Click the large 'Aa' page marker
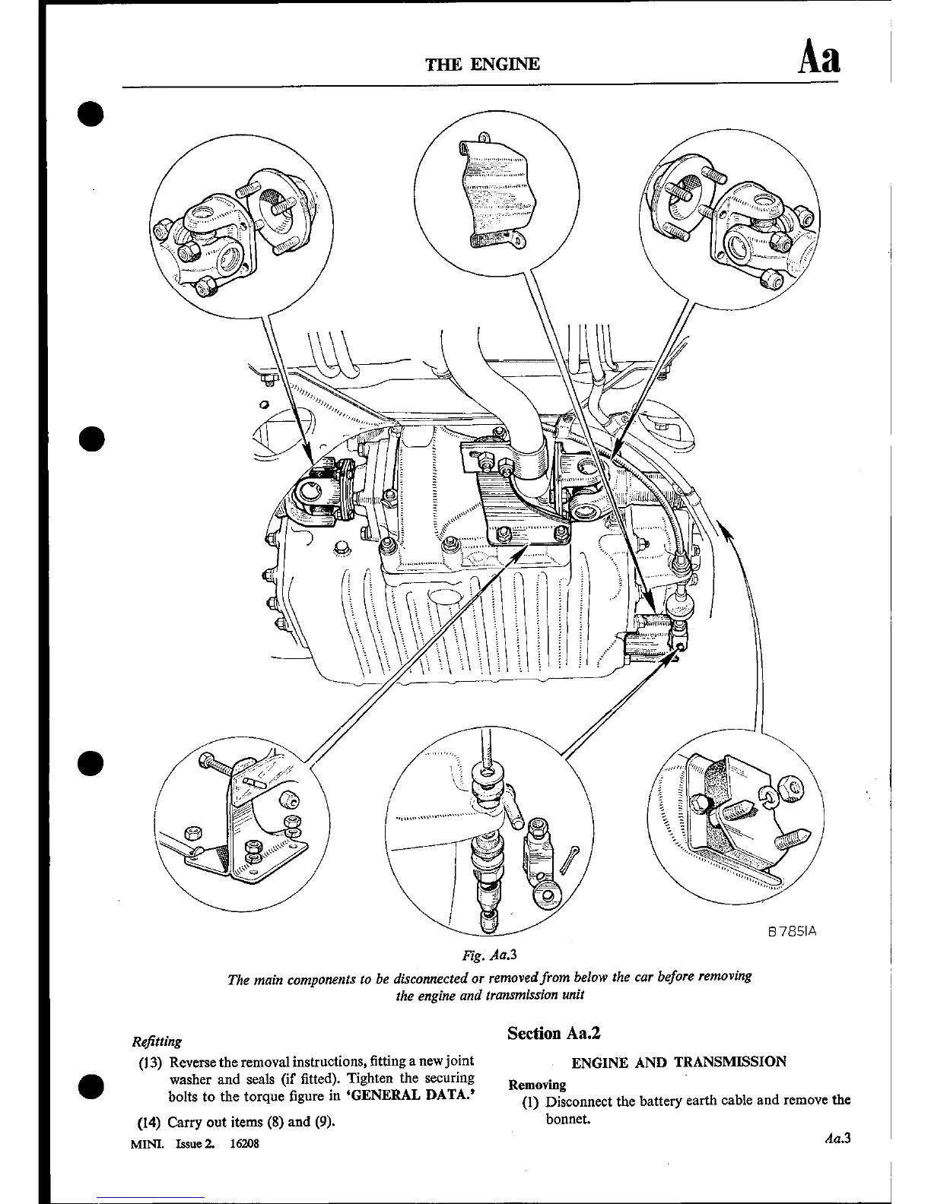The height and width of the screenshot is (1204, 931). (x=818, y=59)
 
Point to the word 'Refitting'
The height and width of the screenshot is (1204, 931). (x=157, y=1041)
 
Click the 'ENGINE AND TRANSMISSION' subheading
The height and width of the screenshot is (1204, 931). (x=678, y=1062)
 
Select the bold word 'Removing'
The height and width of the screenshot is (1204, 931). (x=537, y=1085)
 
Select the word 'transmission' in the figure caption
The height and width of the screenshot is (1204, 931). (x=525, y=995)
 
